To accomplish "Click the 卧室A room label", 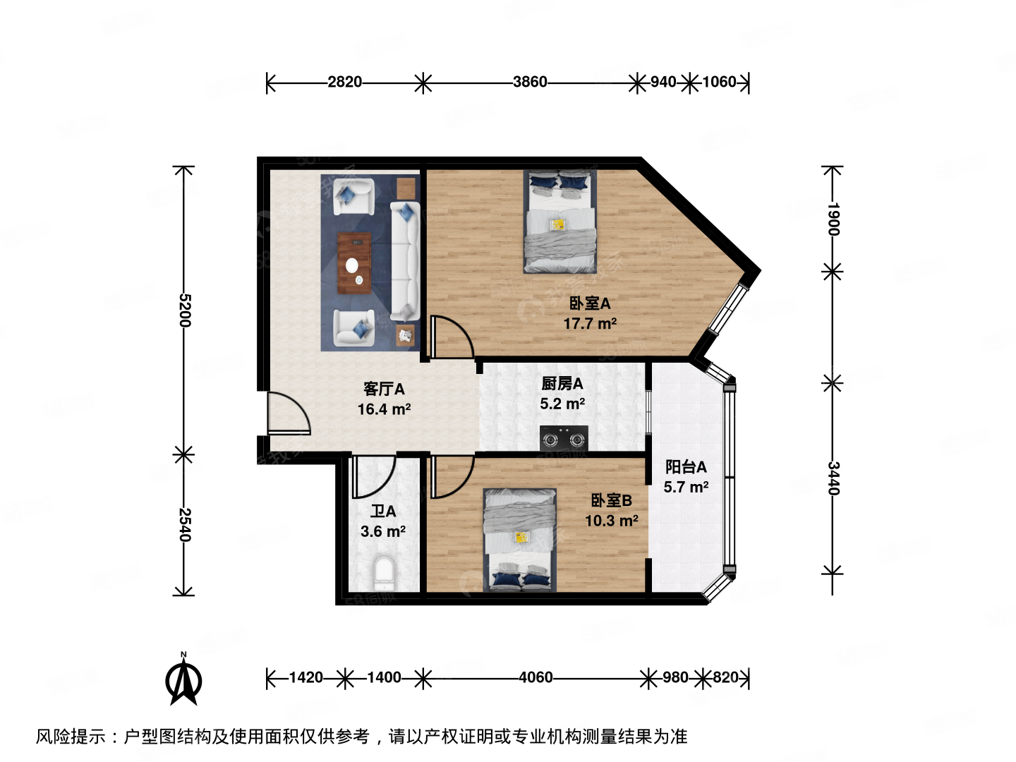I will click(590, 303).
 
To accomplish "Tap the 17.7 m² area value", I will click(590, 324).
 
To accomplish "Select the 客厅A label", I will click(384, 389).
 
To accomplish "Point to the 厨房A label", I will click(562, 384).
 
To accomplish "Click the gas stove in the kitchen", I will click(564, 439).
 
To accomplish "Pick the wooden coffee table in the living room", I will click(354, 263).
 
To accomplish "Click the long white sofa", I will click(405, 261).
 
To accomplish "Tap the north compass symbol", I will click(183, 680).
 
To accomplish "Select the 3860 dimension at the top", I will click(530, 83).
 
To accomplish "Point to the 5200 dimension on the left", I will click(184, 310).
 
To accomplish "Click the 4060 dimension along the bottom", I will click(536, 678).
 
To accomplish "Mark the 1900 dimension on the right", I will click(833, 219).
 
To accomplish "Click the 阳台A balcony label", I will click(686, 467).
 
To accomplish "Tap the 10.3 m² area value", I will click(611, 521).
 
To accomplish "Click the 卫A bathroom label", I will click(383, 512).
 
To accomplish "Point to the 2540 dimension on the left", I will click(184, 525).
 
